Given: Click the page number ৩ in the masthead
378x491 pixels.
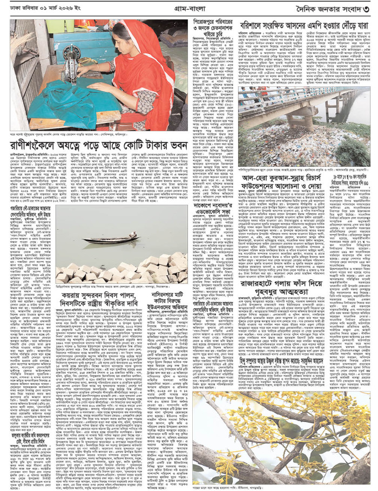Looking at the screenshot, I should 367,9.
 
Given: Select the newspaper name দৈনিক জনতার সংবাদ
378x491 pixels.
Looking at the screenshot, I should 329,9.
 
